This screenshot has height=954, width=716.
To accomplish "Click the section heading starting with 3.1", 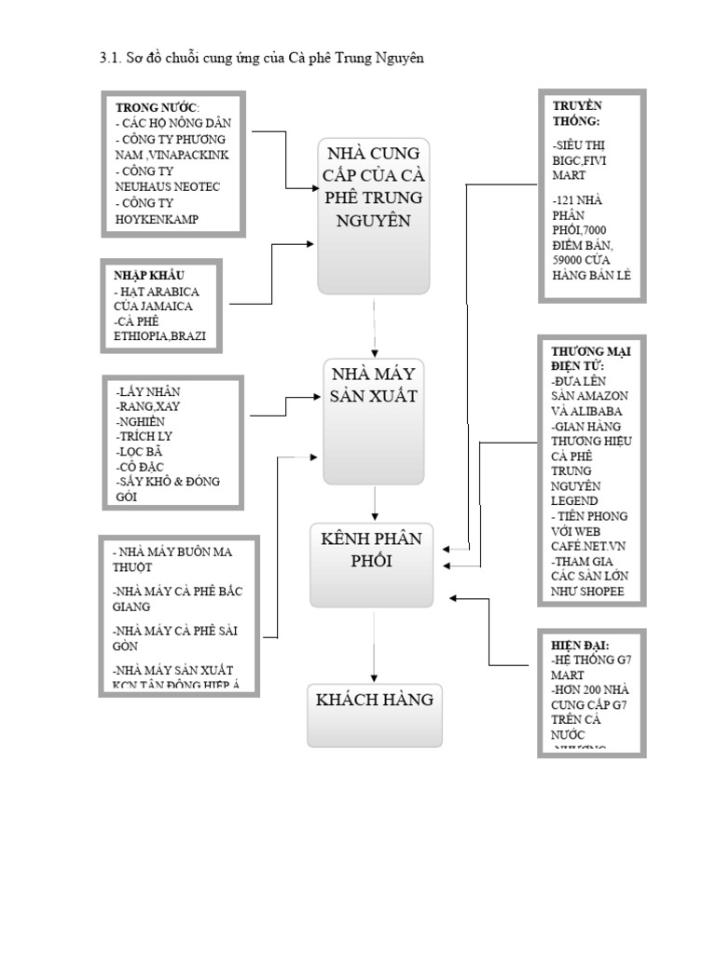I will coord(261,59).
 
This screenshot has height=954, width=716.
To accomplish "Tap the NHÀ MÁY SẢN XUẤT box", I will coord(373,421).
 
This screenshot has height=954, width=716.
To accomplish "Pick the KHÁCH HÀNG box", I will coord(374,715).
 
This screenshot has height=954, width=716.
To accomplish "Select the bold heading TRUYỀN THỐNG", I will coord(577,114).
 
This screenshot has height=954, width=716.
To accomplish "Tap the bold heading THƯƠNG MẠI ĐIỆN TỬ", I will coord(591,359).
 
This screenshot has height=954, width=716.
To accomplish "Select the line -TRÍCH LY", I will coord(145,436).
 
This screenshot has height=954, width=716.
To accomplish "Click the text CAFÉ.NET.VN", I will coord(588,547).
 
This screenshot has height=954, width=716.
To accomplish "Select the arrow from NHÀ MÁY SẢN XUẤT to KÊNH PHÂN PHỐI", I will coord(374,503).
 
